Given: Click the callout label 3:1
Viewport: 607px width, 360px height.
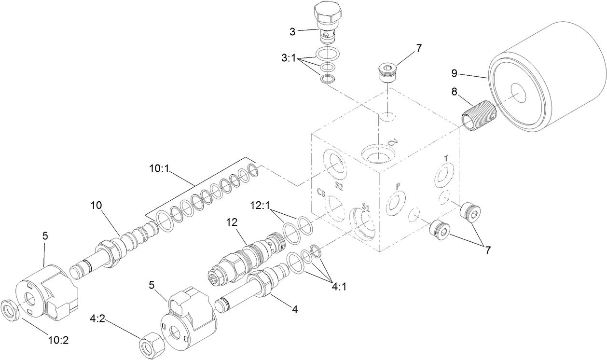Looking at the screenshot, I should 290,56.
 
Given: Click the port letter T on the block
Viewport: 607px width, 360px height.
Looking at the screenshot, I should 446,158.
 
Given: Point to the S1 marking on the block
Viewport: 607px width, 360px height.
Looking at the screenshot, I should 366,208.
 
